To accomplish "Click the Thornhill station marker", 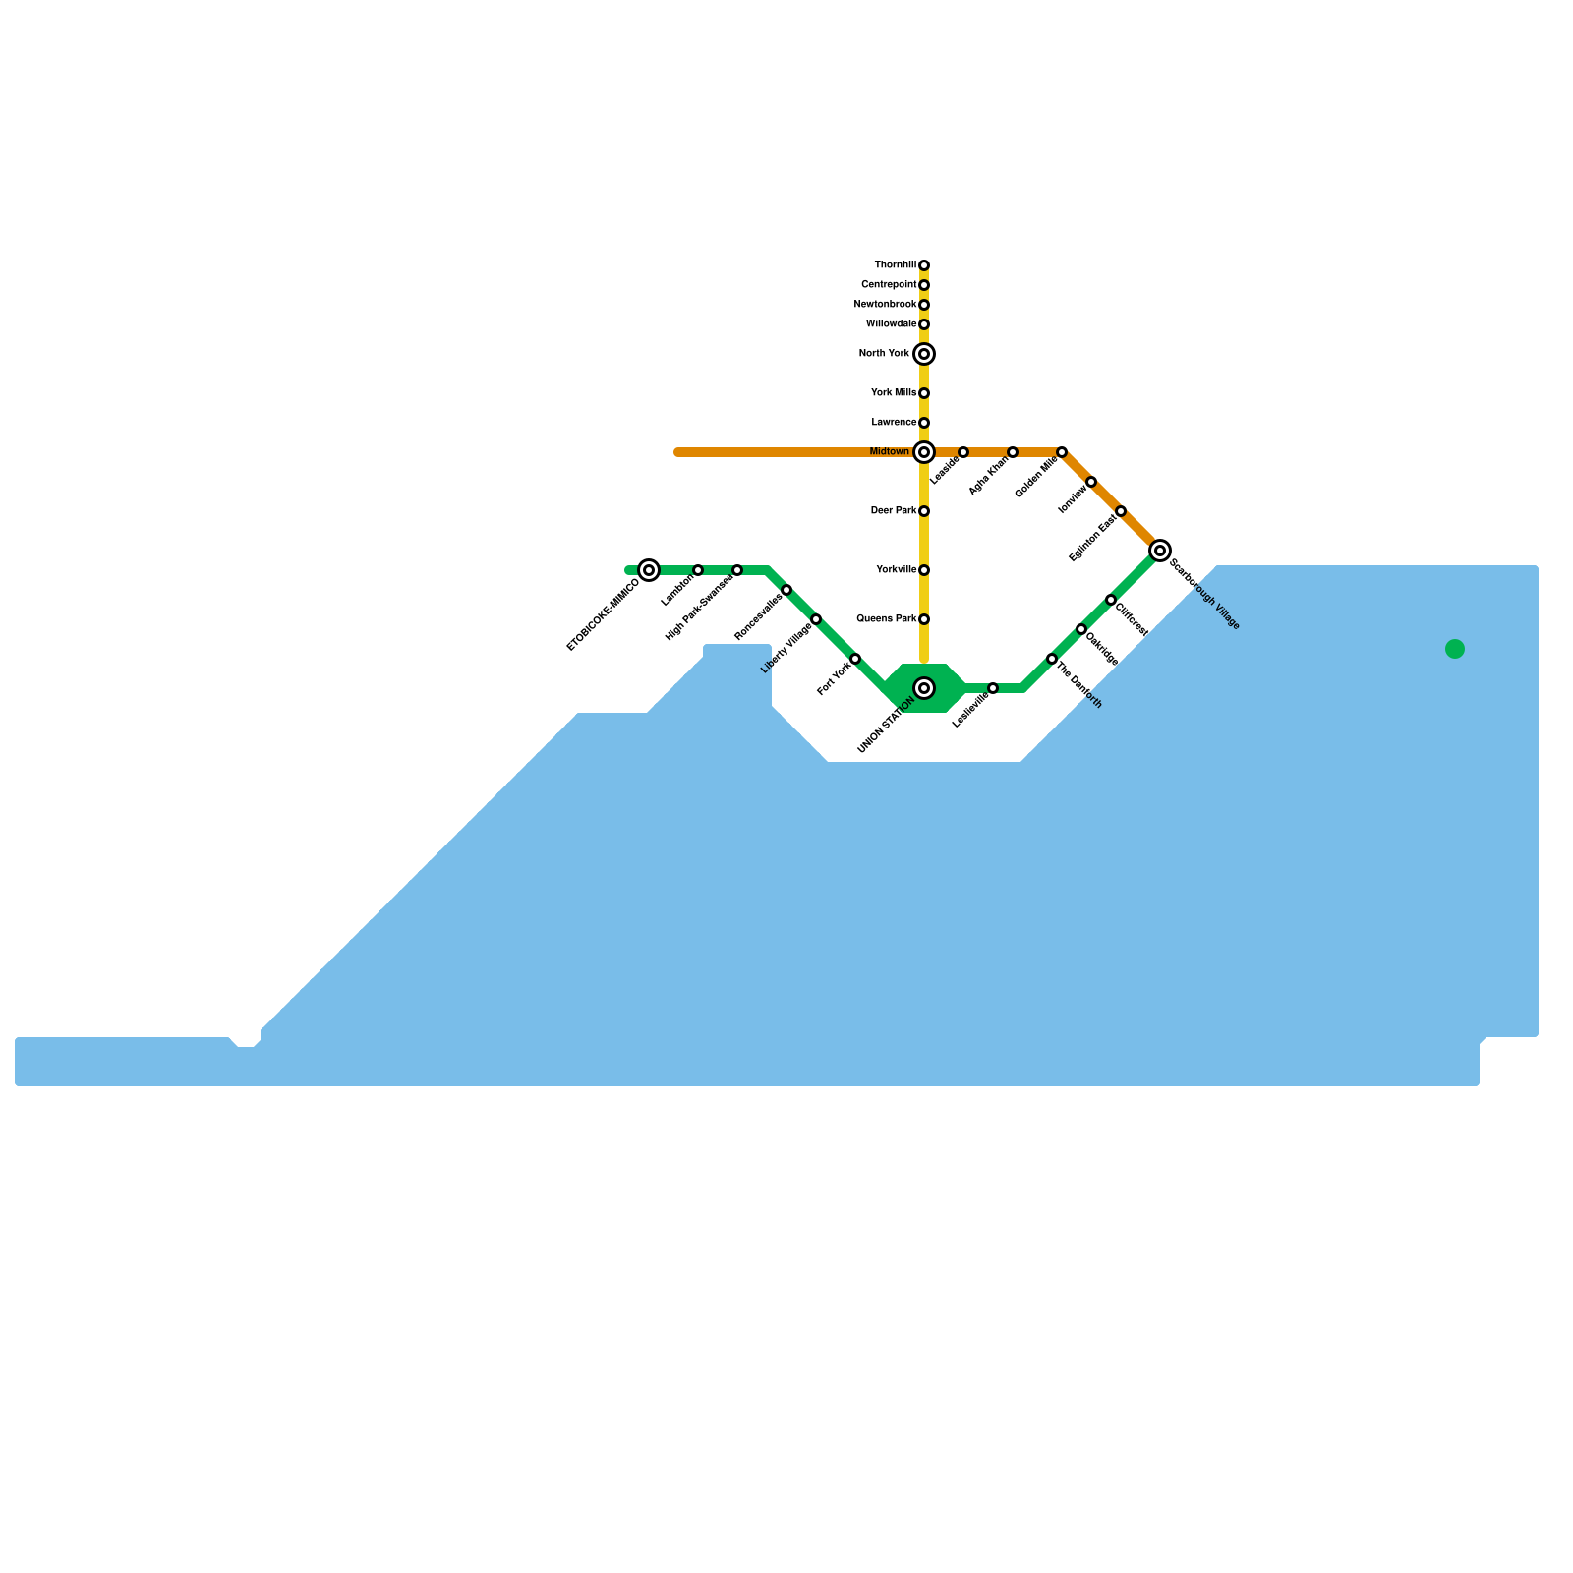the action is [x=924, y=265].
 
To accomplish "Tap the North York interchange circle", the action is [x=924, y=354].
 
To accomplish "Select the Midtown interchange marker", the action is [x=924, y=452].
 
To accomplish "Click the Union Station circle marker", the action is [x=924, y=688].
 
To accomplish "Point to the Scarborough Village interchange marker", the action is [x=1160, y=551].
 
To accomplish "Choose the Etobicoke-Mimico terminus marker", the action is [x=649, y=570].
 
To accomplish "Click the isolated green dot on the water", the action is [x=1455, y=649].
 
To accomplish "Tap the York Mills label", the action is [x=894, y=393].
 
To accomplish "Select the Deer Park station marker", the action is [x=924, y=511].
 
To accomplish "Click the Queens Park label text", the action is [x=887, y=619].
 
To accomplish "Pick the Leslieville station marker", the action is [x=993, y=688].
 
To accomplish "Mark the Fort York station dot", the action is [x=855, y=659].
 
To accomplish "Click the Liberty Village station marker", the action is [x=816, y=619].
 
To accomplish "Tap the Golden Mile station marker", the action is [x=1062, y=452].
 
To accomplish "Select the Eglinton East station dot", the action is [x=1121, y=511].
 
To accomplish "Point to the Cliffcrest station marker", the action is [x=1111, y=600].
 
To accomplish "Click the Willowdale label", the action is [x=891, y=324].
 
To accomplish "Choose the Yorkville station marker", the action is [x=924, y=570].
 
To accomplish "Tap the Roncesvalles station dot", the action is [x=786, y=590].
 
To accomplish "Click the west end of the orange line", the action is [x=678, y=452].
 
